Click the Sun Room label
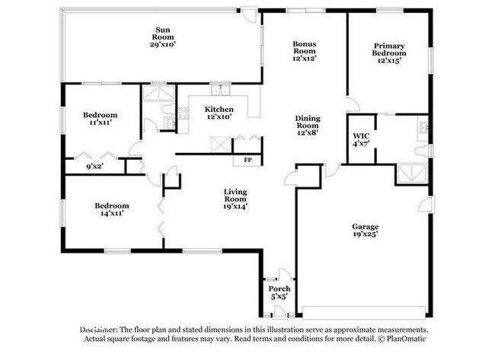coord(162,37)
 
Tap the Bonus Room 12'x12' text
coord(305,51)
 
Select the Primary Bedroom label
coord(389,53)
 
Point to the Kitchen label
coord(219,113)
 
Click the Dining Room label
coord(308,126)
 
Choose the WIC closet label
coord(361,140)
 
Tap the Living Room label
coord(235,199)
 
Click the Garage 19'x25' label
coord(366,231)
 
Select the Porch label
coord(279,292)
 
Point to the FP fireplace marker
coord(247,161)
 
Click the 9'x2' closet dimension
coord(95,166)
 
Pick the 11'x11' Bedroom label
coord(100,119)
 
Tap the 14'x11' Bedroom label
coord(112,209)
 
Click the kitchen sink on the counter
coord(220,89)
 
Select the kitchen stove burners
coord(184,113)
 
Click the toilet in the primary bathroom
coord(422,151)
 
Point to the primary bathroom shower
coord(412,174)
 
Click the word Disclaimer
coord(98,330)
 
